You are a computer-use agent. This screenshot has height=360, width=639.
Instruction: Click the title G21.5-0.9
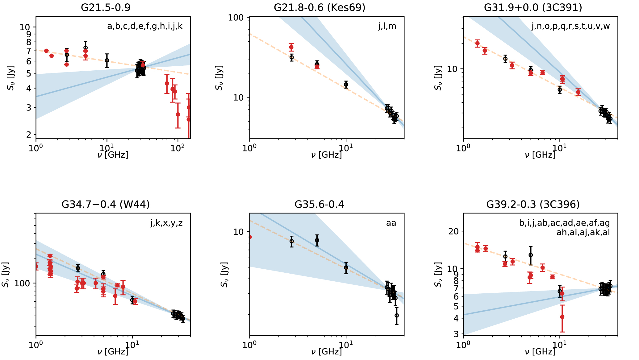pos(106,7)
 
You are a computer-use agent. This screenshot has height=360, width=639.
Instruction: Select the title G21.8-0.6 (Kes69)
pos(319,7)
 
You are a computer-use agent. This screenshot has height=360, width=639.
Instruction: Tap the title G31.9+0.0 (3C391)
pos(533,7)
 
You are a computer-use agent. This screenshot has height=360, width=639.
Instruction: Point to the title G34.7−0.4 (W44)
pos(106,204)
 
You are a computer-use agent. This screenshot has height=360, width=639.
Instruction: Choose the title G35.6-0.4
pos(319,204)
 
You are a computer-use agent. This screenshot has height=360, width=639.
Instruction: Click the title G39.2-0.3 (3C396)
pos(533,204)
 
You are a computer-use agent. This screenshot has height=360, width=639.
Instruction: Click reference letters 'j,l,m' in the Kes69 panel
pos(387,26)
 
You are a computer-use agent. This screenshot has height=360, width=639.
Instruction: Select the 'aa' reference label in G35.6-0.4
pos(391,223)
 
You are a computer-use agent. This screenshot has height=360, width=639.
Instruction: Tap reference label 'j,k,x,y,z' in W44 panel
pos(167,223)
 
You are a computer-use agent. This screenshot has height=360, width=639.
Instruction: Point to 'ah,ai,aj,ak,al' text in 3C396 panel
pos(583,232)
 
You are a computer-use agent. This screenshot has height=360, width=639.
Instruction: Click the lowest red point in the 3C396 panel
pos(562,317)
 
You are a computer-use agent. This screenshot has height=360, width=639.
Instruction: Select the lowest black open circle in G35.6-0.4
pos(397,315)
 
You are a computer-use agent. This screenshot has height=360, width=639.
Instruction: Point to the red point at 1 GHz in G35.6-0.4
pos(250,237)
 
